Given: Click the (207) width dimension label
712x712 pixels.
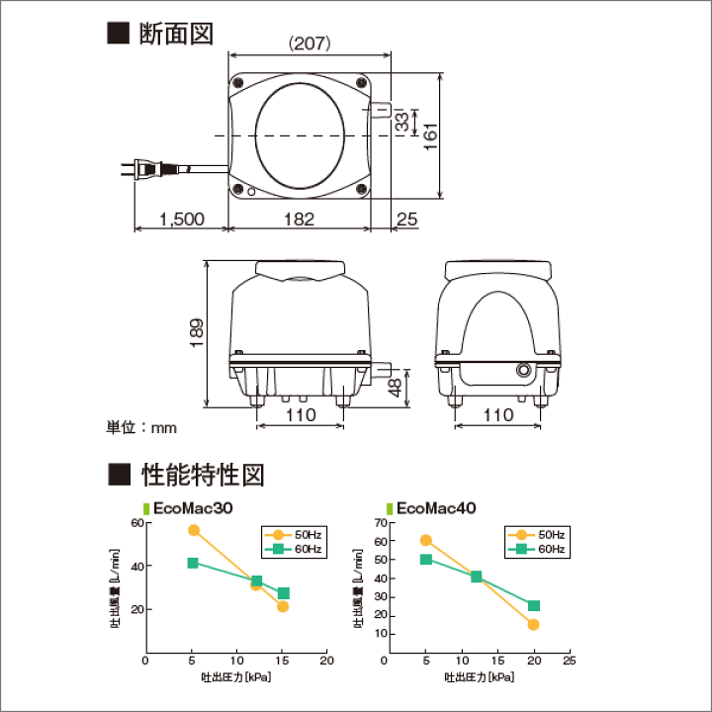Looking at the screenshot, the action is click(x=310, y=44).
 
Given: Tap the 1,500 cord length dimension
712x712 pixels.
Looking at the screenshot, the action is click(x=182, y=220).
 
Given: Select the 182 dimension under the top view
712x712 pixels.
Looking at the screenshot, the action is click(x=300, y=220).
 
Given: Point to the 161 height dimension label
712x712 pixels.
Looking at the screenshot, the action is click(x=430, y=136).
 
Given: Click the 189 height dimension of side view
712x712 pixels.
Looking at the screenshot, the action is click(x=196, y=333).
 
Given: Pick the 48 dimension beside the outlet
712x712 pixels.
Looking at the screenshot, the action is click(x=395, y=388).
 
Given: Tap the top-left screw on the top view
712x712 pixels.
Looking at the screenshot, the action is click(x=237, y=83).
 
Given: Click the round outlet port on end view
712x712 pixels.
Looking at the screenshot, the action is click(x=523, y=370).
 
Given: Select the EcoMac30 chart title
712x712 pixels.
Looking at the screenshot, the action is click(x=193, y=508).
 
